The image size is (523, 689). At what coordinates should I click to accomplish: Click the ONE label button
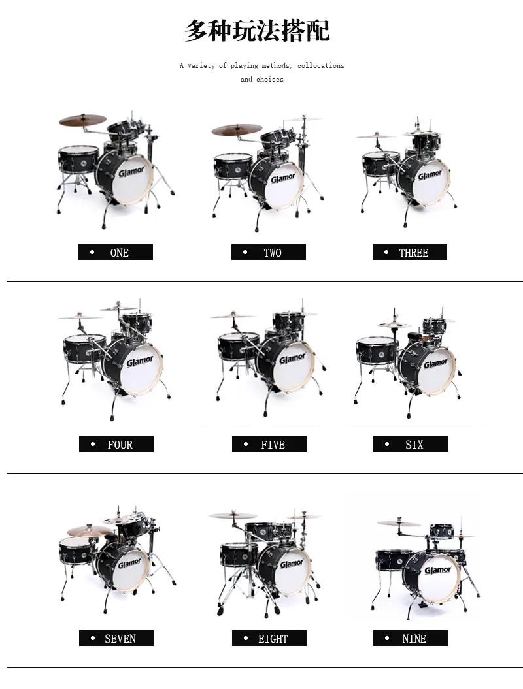[116, 252]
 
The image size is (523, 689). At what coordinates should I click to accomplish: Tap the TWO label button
[268, 252]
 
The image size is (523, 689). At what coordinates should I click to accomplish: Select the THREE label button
[409, 252]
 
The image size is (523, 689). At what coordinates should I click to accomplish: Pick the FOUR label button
[116, 444]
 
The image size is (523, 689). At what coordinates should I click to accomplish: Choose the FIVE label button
[269, 444]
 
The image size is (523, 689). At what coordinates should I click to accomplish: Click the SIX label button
[411, 444]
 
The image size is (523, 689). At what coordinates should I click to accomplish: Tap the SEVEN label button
[116, 638]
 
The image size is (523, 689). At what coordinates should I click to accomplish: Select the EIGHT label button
[269, 638]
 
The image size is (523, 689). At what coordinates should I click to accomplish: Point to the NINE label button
[411, 638]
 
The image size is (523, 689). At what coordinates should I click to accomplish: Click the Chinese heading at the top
[257, 30]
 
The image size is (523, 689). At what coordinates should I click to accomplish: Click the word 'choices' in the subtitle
[269, 79]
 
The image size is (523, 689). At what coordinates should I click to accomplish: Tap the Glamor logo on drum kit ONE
[131, 171]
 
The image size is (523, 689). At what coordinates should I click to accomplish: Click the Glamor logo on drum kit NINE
[437, 570]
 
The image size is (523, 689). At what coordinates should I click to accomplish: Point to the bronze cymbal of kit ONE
[82, 120]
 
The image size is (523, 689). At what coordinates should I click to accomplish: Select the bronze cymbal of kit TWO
[237, 129]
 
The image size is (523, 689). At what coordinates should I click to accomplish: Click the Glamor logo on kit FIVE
[292, 359]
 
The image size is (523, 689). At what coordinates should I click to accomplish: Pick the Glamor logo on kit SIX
[435, 364]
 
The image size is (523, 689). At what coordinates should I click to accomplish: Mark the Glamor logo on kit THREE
[430, 175]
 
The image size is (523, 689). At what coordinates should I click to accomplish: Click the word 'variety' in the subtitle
[201, 65]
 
